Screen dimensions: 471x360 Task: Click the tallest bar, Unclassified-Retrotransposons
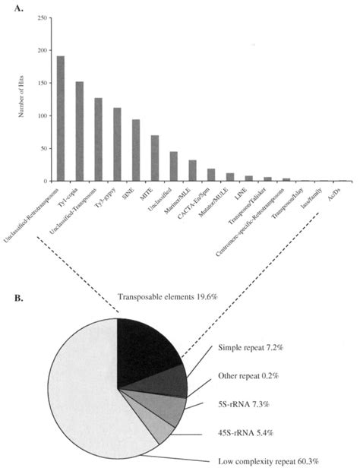point(61,119)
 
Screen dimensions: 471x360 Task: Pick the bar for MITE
point(155,158)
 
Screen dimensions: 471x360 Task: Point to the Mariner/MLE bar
point(192,171)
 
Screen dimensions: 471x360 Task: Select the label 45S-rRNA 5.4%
point(248,434)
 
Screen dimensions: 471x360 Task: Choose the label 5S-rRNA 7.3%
point(245,406)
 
